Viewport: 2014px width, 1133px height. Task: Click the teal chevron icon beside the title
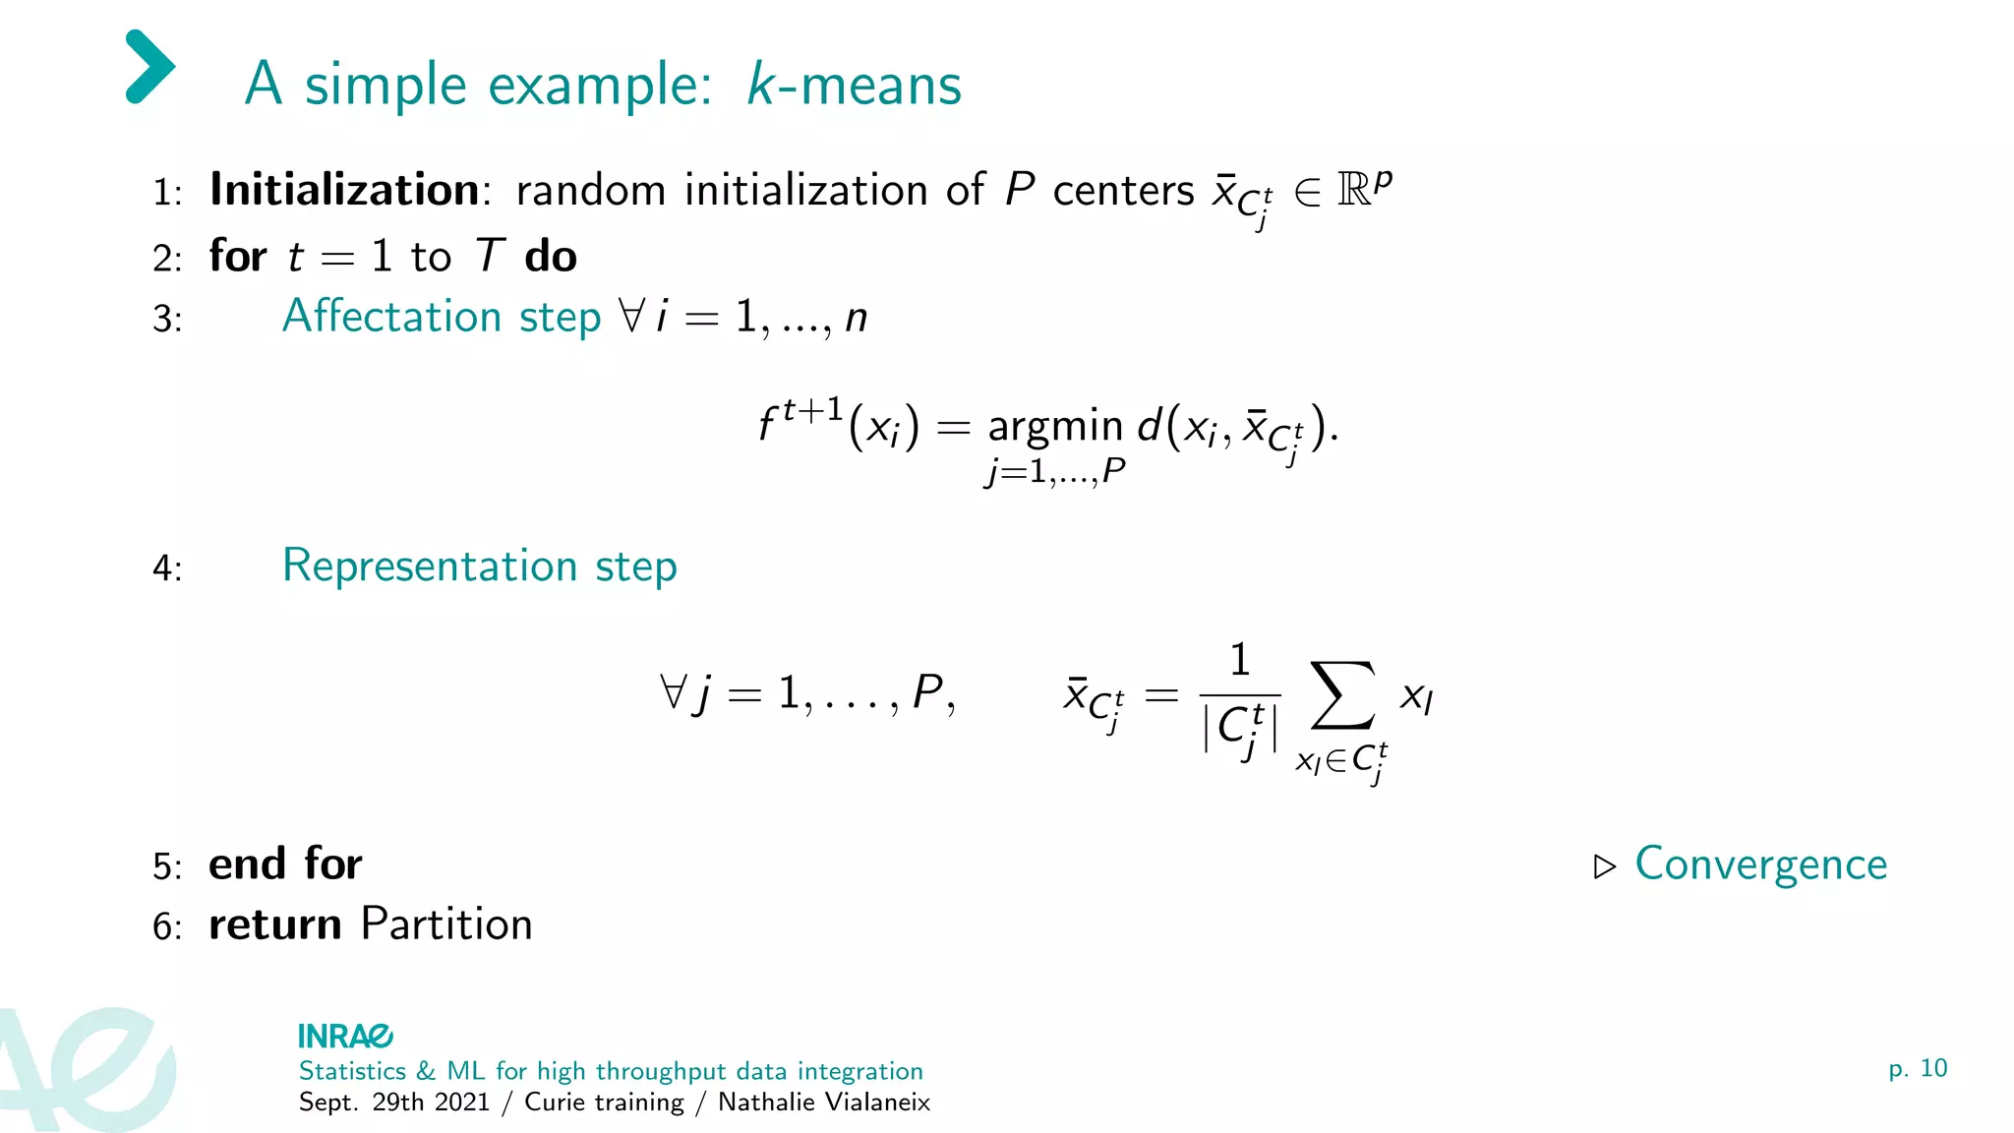[150, 67]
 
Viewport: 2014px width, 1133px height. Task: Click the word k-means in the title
[854, 85]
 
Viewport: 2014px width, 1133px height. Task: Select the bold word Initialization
[344, 189]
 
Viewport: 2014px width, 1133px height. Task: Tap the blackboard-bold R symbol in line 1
[1354, 190]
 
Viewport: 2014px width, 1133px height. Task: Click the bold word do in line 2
[551, 257]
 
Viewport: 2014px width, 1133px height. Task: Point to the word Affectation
[392, 317]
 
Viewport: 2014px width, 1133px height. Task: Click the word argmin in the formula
[1055, 427]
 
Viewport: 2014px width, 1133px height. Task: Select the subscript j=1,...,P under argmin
[1055, 473]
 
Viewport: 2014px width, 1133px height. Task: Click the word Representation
[430, 566]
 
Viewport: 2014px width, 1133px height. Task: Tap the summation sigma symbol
[1342, 695]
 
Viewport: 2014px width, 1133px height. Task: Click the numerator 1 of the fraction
[1240, 660]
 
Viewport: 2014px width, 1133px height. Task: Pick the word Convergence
[1760, 865]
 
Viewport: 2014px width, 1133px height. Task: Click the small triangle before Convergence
[1604, 866]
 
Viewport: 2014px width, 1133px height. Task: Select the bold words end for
[285, 864]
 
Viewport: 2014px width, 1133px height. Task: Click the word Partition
[446, 924]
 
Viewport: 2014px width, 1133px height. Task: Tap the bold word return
[275, 925]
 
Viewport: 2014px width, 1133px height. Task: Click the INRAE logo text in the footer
[345, 1037]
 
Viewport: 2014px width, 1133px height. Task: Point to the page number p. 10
[1918, 1068]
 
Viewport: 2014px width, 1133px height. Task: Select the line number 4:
[167, 568]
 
